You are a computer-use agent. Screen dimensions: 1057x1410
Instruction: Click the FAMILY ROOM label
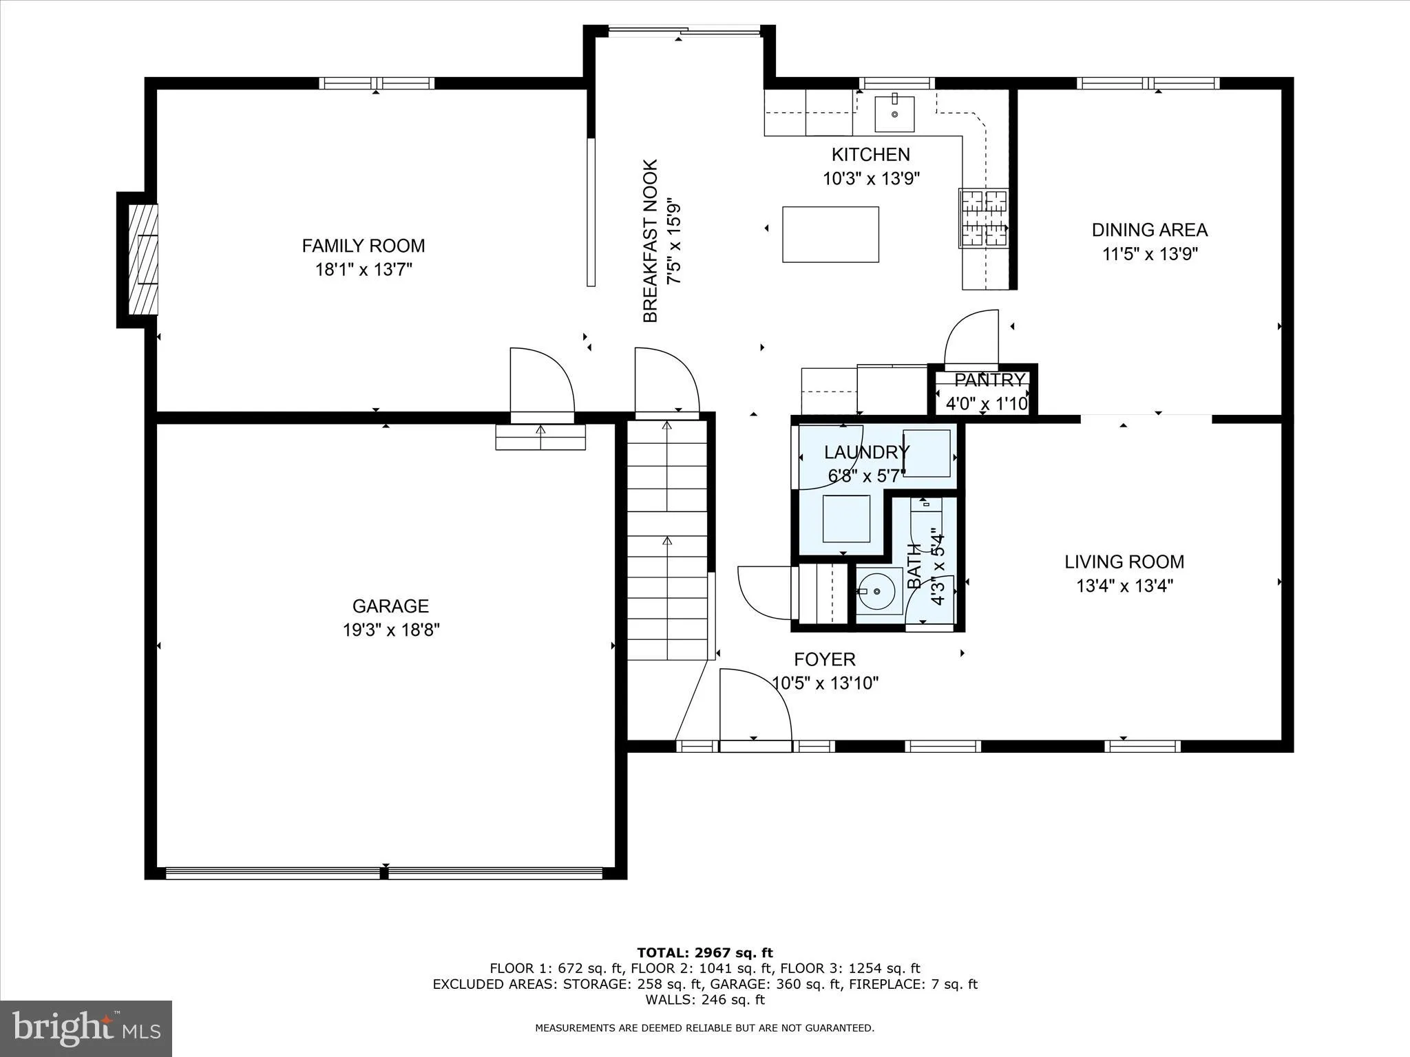coord(363,246)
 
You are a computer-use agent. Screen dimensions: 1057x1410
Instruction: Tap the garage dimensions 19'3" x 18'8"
coord(391,630)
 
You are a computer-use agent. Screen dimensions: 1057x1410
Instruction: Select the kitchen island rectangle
coord(830,235)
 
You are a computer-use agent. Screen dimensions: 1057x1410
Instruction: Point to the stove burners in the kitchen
coord(984,218)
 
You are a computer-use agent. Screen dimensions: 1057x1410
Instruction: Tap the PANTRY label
coord(989,380)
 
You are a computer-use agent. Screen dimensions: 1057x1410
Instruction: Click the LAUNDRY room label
coord(866,452)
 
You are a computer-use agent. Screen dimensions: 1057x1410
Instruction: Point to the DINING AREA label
coord(1149,230)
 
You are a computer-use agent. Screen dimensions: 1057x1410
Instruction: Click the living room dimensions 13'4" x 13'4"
coord(1124,586)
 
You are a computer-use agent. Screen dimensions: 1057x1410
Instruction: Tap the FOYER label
coord(824,659)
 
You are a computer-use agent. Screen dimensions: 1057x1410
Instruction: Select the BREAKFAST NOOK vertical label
coord(651,241)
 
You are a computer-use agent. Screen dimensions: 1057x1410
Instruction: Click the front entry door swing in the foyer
coord(754,705)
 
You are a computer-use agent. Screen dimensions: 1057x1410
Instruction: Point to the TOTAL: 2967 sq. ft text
coord(704,953)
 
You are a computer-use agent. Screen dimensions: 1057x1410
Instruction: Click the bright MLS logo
coord(86,1028)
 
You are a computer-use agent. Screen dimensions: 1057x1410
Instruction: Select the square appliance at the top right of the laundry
coord(926,453)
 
